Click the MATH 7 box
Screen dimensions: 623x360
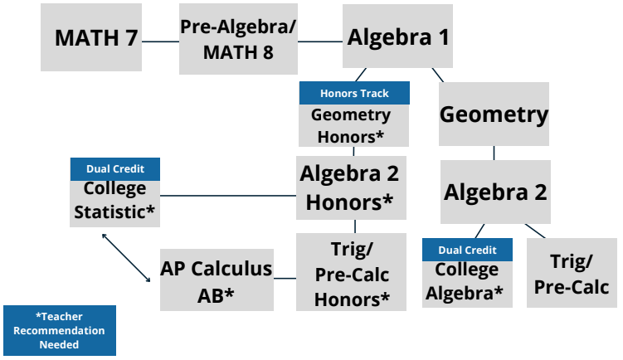click(x=91, y=37)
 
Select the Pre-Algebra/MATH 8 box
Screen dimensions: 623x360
click(x=238, y=39)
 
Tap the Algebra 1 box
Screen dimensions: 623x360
click(x=397, y=36)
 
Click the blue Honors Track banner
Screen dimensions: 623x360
click(x=354, y=93)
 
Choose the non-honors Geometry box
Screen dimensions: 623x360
click(x=494, y=114)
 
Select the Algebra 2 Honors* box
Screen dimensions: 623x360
click(x=351, y=187)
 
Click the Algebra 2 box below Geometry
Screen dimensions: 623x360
click(x=495, y=192)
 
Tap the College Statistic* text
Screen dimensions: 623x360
click(x=114, y=200)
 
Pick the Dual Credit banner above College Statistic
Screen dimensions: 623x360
click(x=115, y=169)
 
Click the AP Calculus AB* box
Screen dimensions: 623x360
click(x=217, y=280)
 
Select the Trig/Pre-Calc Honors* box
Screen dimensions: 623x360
click(x=351, y=272)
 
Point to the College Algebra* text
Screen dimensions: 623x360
click(x=465, y=281)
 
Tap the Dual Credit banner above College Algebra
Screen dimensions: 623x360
click(x=467, y=250)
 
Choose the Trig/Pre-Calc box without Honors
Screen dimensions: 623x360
click(x=572, y=273)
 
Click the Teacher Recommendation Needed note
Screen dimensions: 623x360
click(x=60, y=331)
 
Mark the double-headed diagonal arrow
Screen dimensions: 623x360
click(x=126, y=258)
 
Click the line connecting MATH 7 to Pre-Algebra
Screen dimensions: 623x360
click(x=160, y=41)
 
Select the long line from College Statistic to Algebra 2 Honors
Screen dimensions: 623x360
click(x=228, y=196)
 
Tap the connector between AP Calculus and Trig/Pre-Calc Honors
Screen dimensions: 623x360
click(x=285, y=279)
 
